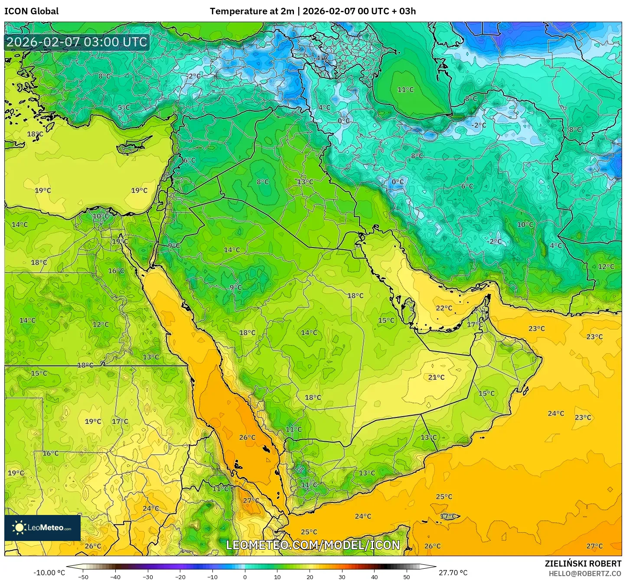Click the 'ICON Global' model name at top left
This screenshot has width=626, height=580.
[x=31, y=11]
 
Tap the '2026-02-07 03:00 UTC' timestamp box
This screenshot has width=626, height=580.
[x=77, y=42]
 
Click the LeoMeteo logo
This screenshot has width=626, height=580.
[x=42, y=528]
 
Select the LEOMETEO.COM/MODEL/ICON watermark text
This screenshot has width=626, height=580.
[x=313, y=545]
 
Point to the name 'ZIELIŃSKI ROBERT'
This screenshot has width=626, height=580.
[x=583, y=564]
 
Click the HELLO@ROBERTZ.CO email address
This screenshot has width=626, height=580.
[x=585, y=573]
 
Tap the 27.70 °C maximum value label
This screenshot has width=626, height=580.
[x=453, y=573]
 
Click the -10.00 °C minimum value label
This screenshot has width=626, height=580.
[x=49, y=573]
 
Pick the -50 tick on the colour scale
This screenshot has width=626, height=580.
[x=83, y=577]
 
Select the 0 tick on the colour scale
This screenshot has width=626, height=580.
[x=245, y=577]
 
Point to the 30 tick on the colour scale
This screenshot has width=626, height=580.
[x=342, y=577]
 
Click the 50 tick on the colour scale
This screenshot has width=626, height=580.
[x=407, y=577]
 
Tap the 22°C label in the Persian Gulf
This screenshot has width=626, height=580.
[x=444, y=308]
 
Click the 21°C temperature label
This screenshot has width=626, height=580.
[x=436, y=378]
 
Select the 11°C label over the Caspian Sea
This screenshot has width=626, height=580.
[x=405, y=90]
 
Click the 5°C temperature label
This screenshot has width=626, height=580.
[x=124, y=108]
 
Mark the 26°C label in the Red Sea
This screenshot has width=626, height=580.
[x=247, y=438]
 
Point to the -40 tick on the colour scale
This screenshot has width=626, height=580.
[x=115, y=577]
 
